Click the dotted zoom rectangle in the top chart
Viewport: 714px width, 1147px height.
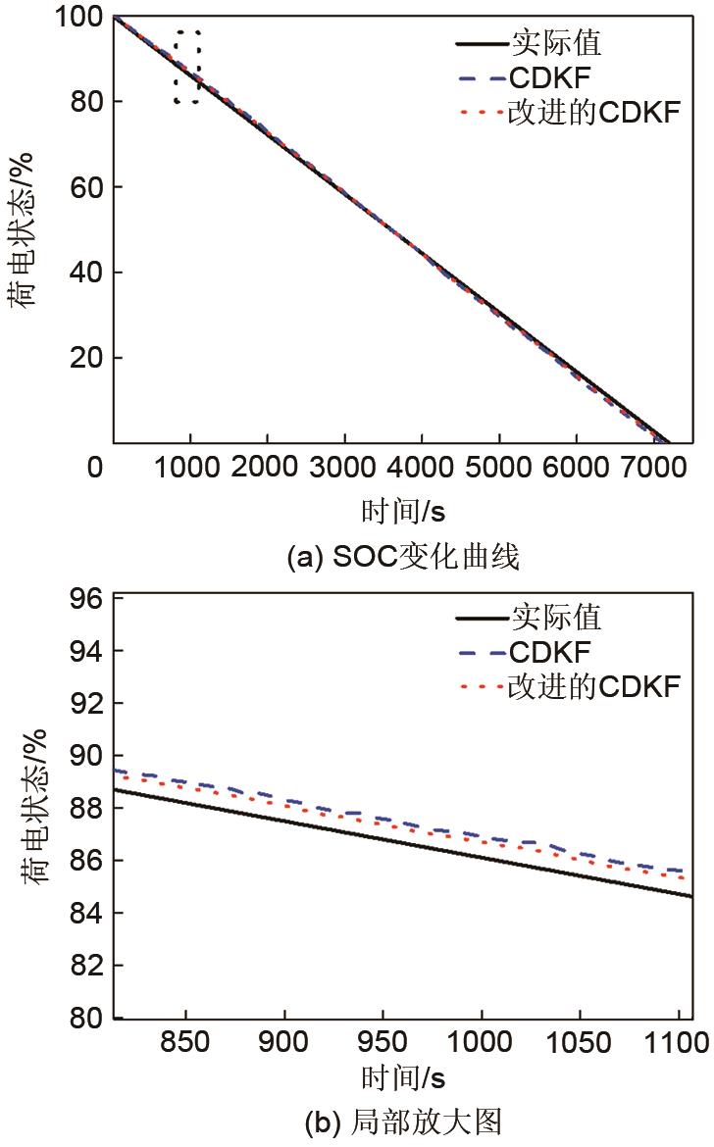pos(187,67)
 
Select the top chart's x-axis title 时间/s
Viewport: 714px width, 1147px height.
pos(403,510)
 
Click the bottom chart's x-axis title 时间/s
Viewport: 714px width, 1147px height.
pos(403,1077)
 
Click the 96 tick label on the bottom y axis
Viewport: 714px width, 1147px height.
pos(86,598)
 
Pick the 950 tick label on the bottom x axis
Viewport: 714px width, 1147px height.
pos(382,1041)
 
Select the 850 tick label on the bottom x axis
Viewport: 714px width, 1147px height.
pos(185,1041)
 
